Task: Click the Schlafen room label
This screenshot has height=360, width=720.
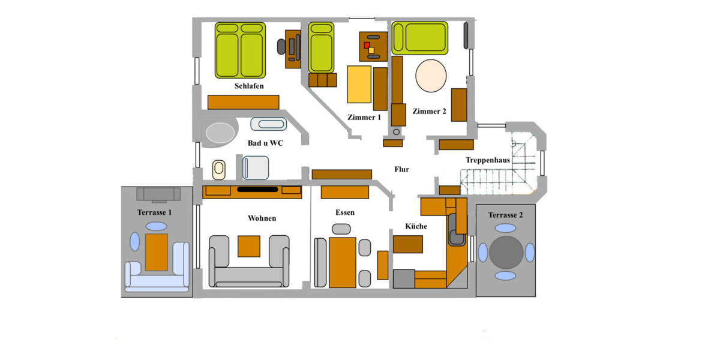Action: pos(249,86)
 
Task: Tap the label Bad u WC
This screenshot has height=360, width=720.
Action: pos(265,143)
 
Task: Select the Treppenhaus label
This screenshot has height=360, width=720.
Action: pos(488,160)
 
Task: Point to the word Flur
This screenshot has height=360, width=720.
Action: pos(401,169)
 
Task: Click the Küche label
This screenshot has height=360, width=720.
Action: pos(416,226)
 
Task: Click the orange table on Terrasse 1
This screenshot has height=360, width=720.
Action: pos(157,252)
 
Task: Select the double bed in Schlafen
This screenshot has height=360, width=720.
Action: pos(240,50)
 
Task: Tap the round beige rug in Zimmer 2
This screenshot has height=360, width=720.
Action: pos(431,76)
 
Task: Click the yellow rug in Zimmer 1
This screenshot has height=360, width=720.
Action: pos(359,85)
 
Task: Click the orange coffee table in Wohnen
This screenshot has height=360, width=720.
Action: pos(249,246)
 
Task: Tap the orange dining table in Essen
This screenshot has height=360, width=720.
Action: pos(343,262)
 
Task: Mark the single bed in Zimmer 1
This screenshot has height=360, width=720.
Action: pos(321,47)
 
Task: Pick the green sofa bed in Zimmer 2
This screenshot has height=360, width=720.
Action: pos(420,38)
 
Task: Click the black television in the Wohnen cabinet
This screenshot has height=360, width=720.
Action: pos(257,190)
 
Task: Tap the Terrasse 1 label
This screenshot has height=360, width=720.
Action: pos(155,212)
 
